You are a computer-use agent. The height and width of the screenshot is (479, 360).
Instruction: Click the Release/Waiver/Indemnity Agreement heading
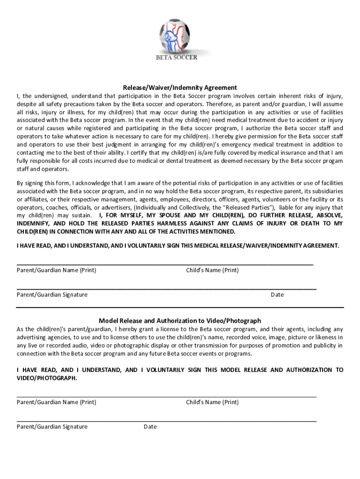click(x=180, y=87)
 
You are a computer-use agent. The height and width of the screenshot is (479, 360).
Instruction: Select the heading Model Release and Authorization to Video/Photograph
click(x=180, y=321)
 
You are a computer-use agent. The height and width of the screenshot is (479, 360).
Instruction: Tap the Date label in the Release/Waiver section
click(x=277, y=295)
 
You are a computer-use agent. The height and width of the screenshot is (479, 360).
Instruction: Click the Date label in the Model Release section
click(x=150, y=427)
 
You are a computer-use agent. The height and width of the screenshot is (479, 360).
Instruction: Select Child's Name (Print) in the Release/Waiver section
click(x=212, y=270)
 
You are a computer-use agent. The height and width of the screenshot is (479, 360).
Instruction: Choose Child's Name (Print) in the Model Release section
click(x=212, y=402)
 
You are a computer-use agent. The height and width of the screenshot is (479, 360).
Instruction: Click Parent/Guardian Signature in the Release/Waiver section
click(x=52, y=295)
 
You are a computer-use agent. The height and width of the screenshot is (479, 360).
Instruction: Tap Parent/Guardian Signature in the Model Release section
click(x=52, y=427)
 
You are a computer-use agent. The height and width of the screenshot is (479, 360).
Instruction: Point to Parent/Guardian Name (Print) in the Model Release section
click(x=56, y=402)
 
